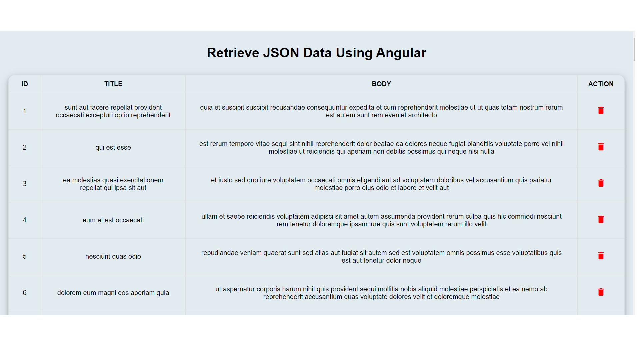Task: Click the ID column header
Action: point(25,84)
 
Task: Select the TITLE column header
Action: point(113,84)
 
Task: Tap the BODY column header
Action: point(381,84)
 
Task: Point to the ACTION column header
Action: point(601,84)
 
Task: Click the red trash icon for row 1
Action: point(601,110)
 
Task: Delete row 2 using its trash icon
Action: point(601,147)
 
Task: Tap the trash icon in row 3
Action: point(601,183)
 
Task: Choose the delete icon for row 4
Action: point(601,219)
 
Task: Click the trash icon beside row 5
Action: point(601,256)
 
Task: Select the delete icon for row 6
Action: point(601,292)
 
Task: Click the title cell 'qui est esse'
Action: point(113,147)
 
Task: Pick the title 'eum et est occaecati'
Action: point(113,220)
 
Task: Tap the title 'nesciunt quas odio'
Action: point(113,256)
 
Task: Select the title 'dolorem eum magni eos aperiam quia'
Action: point(113,293)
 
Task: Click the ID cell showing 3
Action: point(25,184)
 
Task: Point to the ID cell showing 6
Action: point(25,293)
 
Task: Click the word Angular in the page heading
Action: point(401,53)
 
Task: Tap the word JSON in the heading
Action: point(281,53)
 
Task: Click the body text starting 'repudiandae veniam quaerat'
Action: point(381,257)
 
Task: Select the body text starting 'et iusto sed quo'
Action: point(381,184)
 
